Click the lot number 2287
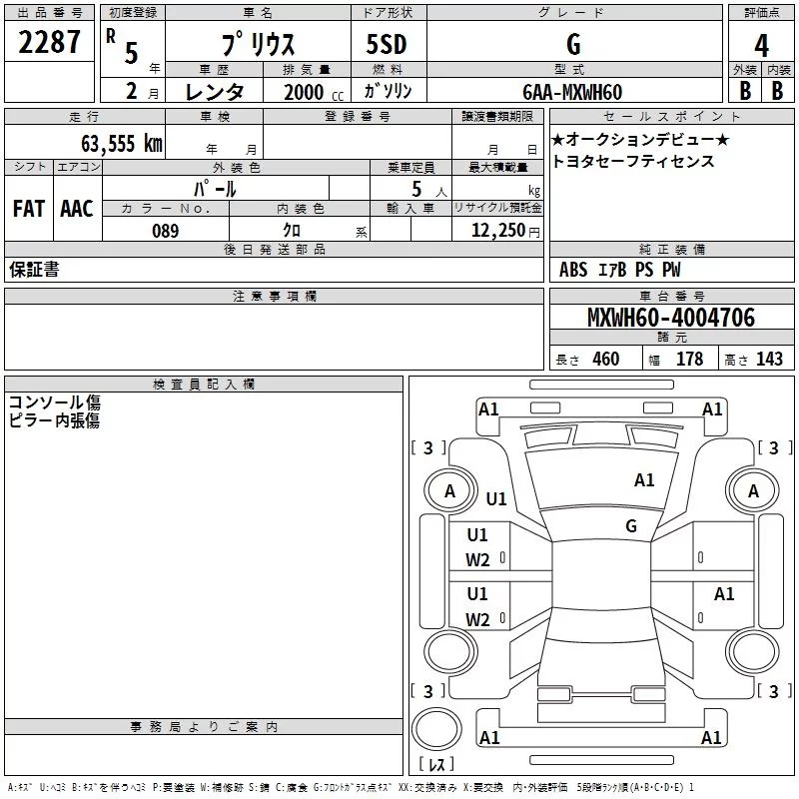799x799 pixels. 49,43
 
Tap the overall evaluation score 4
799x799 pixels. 761,46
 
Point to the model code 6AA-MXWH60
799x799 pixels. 572,92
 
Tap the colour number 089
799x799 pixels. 165,231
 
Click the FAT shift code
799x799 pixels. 28,209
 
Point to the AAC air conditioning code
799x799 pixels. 76,209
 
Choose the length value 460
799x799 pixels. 605,360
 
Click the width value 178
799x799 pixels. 689,360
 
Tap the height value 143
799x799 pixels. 769,360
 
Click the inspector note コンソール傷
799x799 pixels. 54,402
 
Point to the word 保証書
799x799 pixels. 34,270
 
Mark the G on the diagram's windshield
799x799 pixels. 631,526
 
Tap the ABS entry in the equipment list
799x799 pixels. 573,270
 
